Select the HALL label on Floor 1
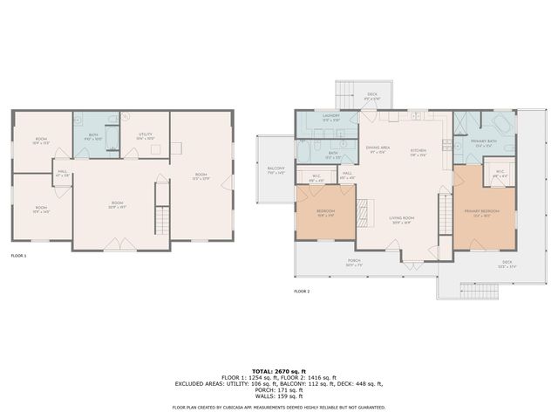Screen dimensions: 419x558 pyautogui.click(x=63, y=174)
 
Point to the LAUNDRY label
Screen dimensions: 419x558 pyautogui.click(x=330, y=117)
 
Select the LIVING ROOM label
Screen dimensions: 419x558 pyautogui.click(x=401, y=220)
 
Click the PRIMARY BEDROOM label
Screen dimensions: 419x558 pyautogui.click(x=481, y=213)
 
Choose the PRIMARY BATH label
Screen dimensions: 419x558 pyautogui.click(x=484, y=142)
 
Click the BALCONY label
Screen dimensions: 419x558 pyautogui.click(x=276, y=170)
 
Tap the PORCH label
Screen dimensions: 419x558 pyautogui.click(x=354, y=263)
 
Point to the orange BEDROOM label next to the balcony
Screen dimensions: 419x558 pyautogui.click(x=325, y=212)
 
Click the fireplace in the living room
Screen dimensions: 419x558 pyautogui.click(x=368, y=210)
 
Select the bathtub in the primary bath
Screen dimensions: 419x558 pyautogui.click(x=498, y=123)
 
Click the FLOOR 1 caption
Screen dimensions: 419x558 pyautogui.click(x=19, y=256)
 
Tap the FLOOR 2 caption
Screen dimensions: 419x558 pyautogui.click(x=302, y=291)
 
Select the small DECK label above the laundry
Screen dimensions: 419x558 pyautogui.click(x=371, y=97)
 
